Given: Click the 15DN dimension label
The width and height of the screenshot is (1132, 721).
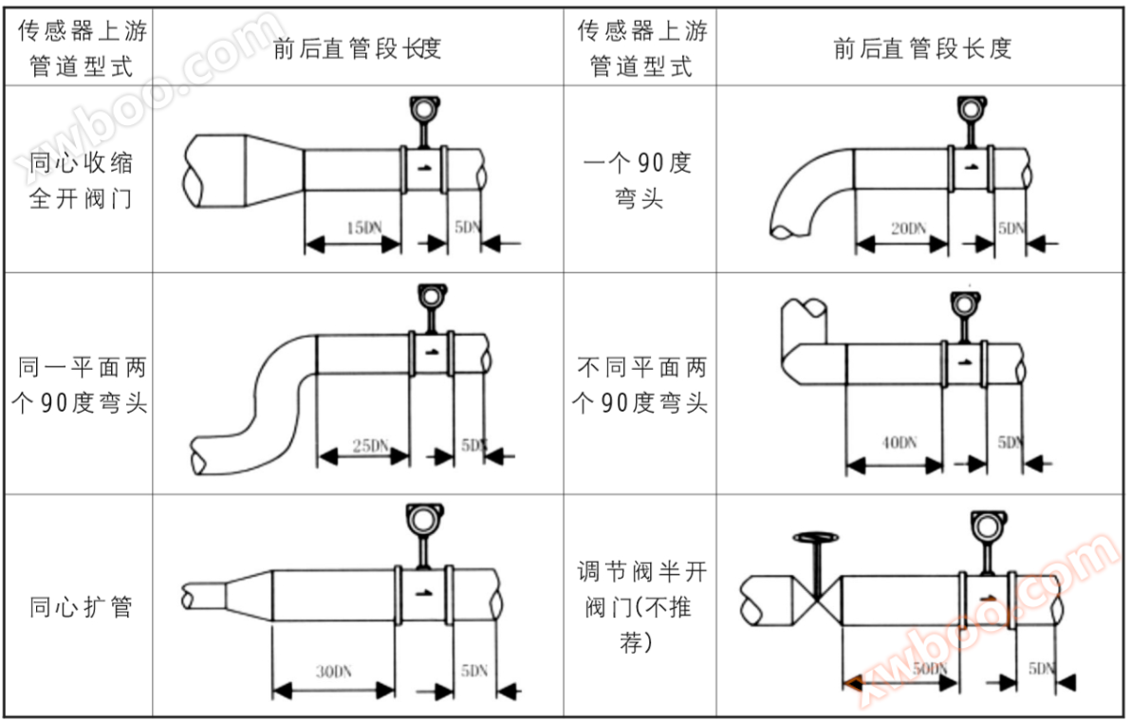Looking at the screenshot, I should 363,228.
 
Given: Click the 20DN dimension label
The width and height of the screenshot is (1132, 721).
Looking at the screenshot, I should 907,228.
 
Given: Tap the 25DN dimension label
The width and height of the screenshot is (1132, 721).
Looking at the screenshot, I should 371,444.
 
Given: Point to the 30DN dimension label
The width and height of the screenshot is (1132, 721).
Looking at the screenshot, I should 333,672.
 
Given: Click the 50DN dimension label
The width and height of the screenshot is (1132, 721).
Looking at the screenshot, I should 930,668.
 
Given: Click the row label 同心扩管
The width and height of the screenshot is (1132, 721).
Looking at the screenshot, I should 81,606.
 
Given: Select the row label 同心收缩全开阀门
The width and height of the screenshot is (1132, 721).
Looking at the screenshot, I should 81,180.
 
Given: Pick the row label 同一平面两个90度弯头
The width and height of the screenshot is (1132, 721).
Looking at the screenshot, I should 81,384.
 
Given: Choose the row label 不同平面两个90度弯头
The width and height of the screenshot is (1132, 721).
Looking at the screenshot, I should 640,384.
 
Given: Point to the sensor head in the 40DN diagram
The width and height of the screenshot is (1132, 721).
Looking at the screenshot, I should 962,304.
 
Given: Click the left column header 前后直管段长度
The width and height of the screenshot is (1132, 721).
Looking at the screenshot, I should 357,47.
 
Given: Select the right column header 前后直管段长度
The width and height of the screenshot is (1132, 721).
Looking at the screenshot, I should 922,47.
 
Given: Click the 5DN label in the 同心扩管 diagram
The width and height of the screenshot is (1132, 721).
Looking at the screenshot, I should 474,671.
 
